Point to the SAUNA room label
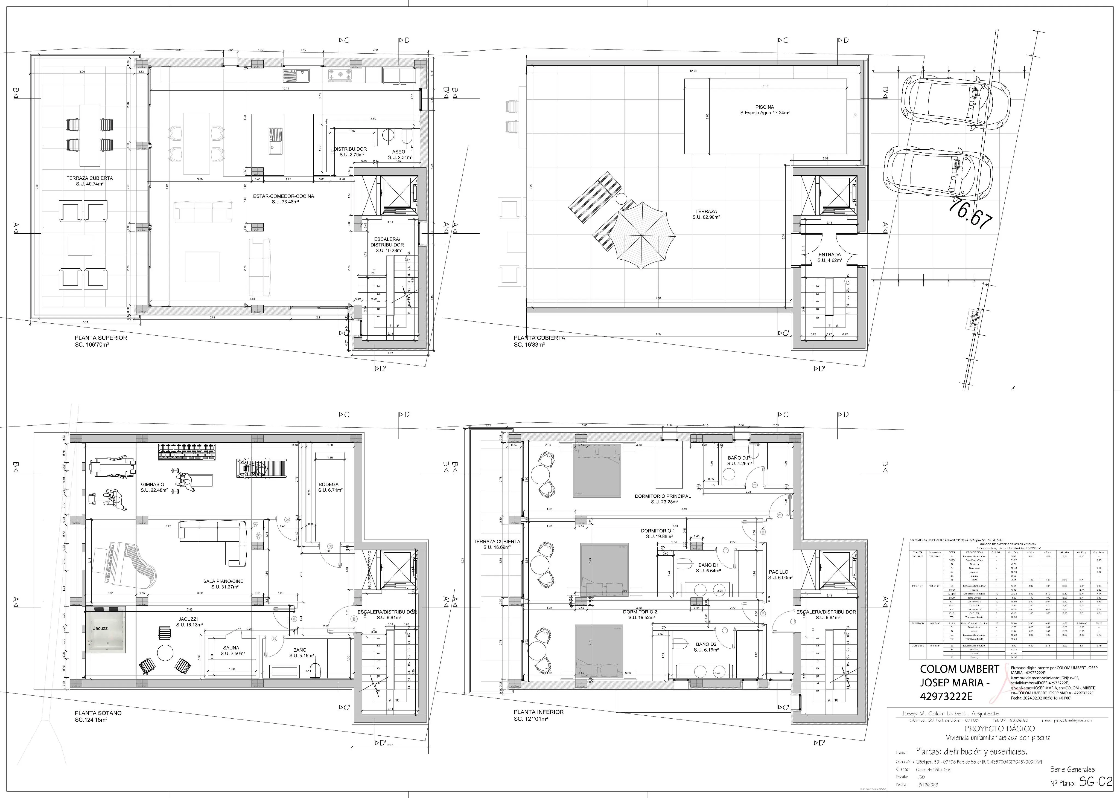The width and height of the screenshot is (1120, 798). (231, 648)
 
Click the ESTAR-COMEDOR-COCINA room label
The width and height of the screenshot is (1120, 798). (283, 196)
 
